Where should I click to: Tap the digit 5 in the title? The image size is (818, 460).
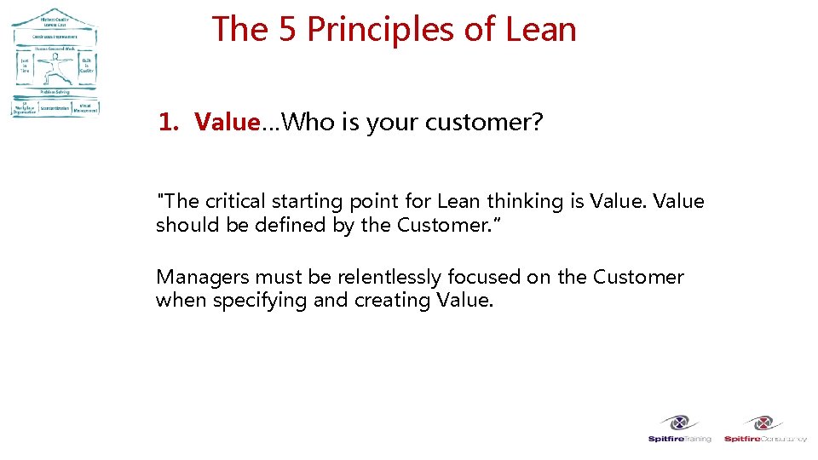point(287,30)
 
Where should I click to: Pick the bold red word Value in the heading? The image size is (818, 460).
point(226,123)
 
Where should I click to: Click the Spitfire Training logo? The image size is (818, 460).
point(679,428)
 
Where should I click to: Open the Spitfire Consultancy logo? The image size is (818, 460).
point(765,428)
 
